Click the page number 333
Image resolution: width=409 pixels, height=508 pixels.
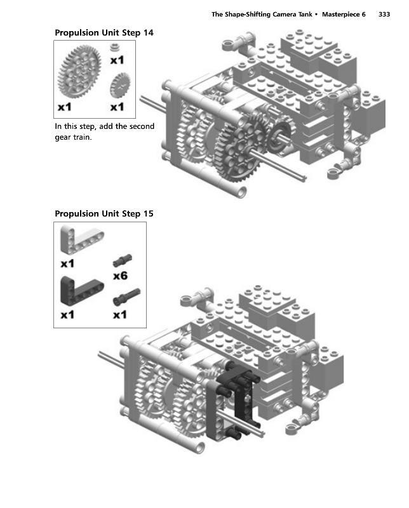(384, 14)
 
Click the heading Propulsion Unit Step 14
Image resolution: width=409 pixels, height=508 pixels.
(104, 33)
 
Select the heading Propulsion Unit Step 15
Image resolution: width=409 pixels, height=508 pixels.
(104, 213)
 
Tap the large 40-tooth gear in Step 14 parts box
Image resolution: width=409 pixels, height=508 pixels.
(79, 72)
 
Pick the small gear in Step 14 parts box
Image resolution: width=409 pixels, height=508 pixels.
(120, 85)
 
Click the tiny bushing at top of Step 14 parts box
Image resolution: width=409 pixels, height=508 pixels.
(114, 47)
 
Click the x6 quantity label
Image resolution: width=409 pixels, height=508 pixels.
(120, 276)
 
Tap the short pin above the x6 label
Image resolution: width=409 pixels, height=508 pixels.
(122, 260)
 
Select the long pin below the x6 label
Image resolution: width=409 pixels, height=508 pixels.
(126, 297)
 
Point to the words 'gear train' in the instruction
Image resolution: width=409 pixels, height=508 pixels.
(73, 137)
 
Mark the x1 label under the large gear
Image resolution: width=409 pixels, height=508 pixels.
(65, 107)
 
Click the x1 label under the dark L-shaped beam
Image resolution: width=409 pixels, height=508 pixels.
(67, 314)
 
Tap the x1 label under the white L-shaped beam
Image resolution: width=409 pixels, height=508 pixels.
(67, 264)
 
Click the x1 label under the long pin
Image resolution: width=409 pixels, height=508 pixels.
(120, 314)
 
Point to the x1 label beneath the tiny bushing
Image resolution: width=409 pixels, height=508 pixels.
(117, 60)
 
